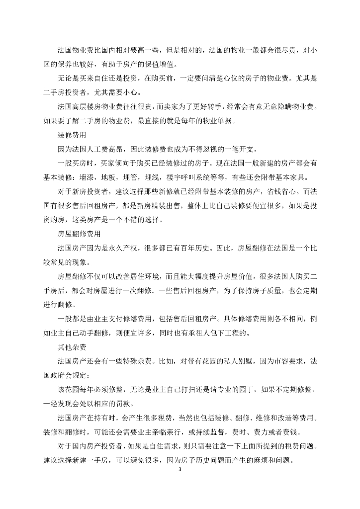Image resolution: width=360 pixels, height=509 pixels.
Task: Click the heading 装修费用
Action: pyautogui.click(x=71, y=135)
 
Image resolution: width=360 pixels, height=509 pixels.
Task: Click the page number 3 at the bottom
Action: pyautogui.click(x=180, y=469)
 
